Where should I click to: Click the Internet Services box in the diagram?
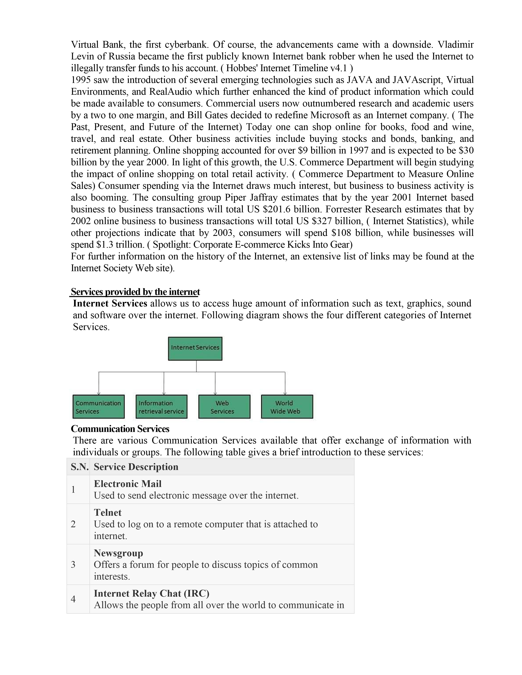point(195,348)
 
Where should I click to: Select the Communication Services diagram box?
point(98,407)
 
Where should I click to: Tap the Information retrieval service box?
point(162,407)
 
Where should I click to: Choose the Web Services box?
point(224,407)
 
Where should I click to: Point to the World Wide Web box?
point(287,407)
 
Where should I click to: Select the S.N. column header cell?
point(79,467)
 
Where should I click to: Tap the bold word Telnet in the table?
point(108,512)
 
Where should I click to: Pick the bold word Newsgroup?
point(119,553)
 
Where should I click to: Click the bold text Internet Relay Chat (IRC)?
point(151,593)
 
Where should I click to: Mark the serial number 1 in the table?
point(73,489)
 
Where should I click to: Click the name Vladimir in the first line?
point(455,45)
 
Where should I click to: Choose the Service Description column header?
point(136,467)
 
